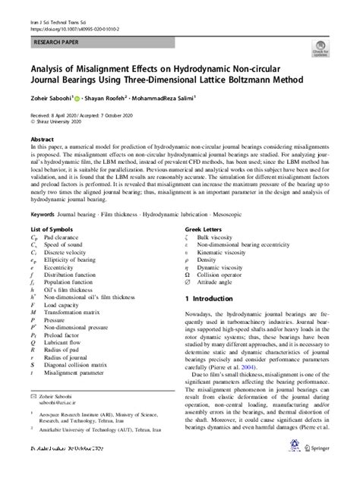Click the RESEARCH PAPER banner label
(x=55, y=46)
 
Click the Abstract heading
(x=41, y=140)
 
